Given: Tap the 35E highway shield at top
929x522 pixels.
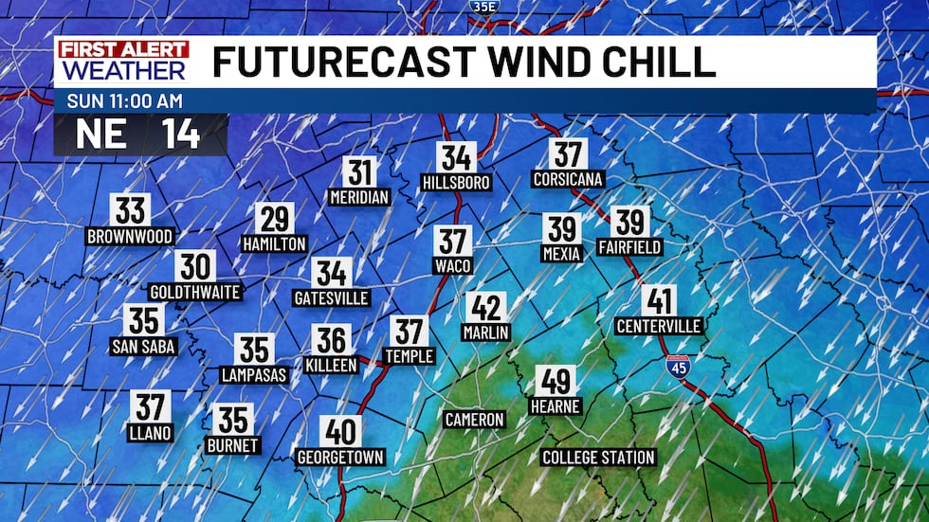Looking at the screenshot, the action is [482, 7].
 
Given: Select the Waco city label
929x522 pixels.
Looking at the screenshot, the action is [453, 266].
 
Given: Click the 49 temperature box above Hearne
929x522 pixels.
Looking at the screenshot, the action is [555, 381].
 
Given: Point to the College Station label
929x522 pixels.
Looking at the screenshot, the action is [598, 458].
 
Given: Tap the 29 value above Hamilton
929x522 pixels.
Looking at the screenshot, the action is [274, 219].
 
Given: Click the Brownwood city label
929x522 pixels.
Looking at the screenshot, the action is [130, 236].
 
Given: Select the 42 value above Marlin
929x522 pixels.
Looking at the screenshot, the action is [486, 308].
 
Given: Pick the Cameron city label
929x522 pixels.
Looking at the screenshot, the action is [474, 419].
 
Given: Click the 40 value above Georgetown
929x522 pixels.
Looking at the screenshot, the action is [340, 432].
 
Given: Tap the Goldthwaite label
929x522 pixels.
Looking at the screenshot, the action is [195, 292].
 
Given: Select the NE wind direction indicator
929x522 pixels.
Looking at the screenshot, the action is [101, 134].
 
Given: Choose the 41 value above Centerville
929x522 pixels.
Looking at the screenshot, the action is [659, 301].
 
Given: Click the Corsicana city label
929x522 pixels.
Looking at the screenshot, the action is [568, 179].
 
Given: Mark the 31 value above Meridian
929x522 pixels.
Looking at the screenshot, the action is [359, 172].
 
